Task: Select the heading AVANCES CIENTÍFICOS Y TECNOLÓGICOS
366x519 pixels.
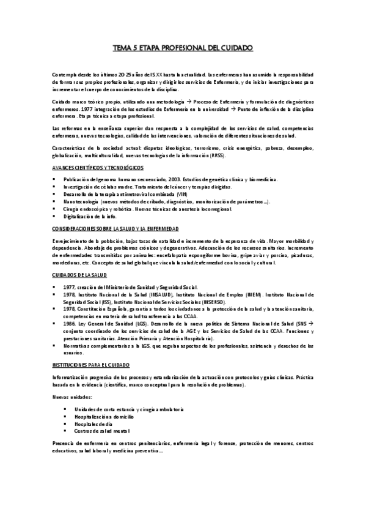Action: (x=98, y=167)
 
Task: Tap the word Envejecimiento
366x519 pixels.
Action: (x=71, y=241)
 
